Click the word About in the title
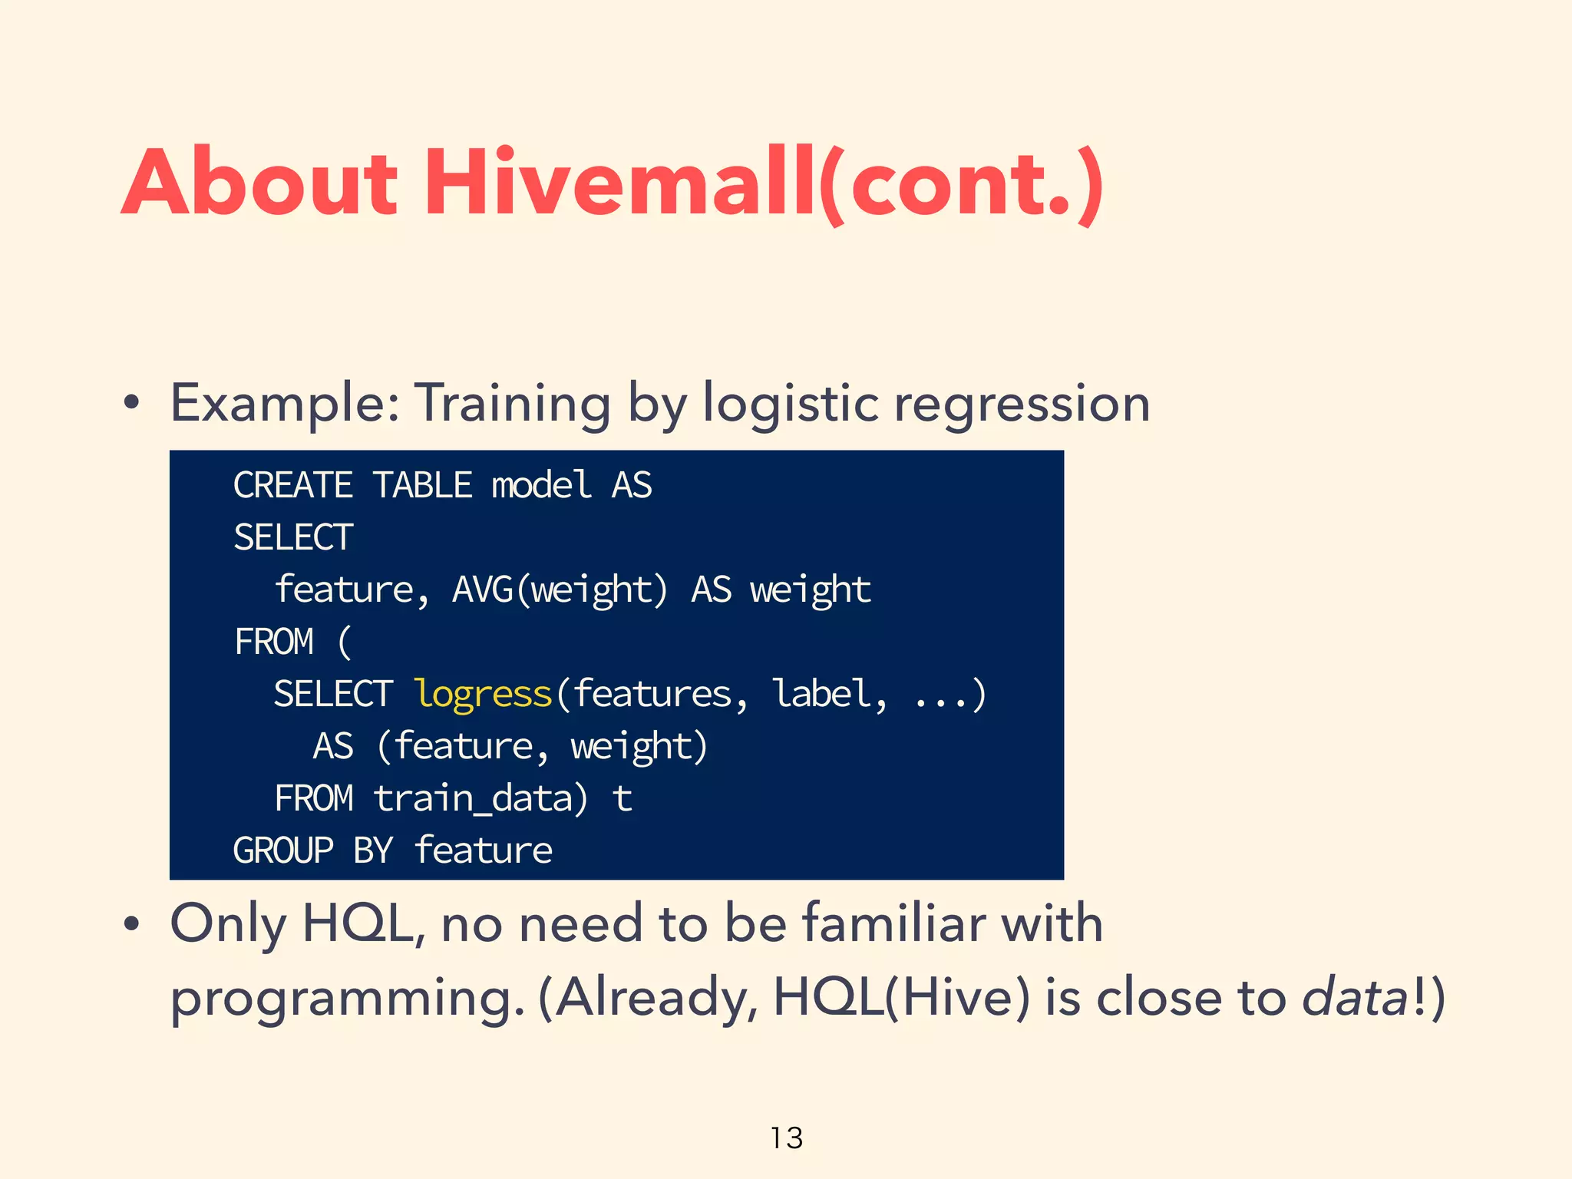pyautogui.click(x=259, y=184)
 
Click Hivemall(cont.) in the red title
pyautogui.click(x=764, y=184)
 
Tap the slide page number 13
pyautogui.click(x=786, y=1138)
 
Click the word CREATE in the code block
pyautogui.click(x=292, y=485)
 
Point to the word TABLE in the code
pyautogui.click(x=422, y=485)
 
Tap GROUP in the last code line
pyautogui.click(x=283, y=850)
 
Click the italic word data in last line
pyautogui.click(x=1354, y=998)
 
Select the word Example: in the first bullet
pyautogui.click(x=285, y=404)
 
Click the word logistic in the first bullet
pyautogui.click(x=791, y=404)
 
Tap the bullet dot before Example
pyautogui.click(x=131, y=404)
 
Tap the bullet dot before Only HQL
pyautogui.click(x=131, y=924)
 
